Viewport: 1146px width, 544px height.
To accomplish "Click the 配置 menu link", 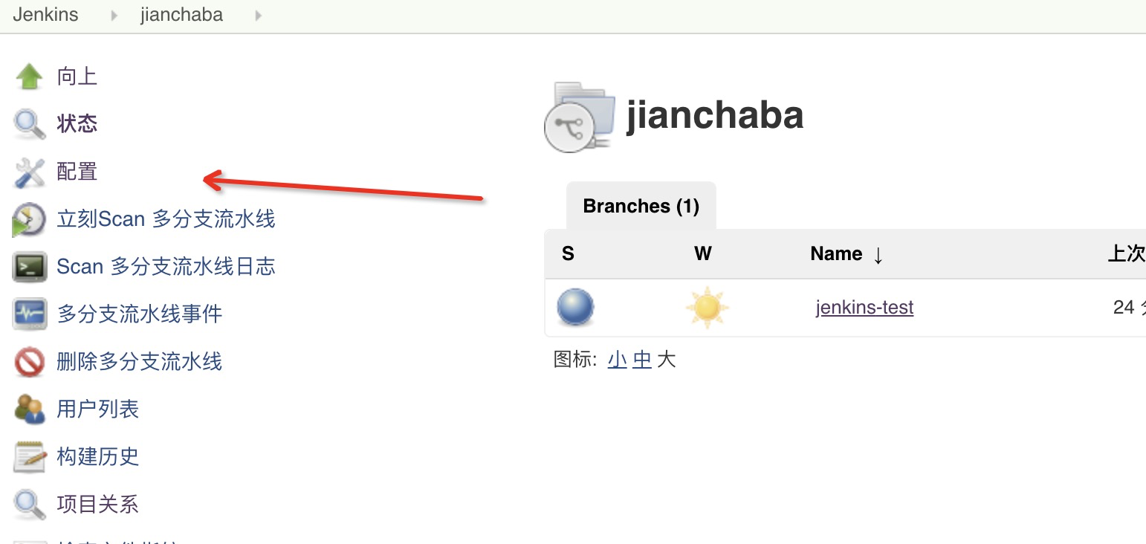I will click(x=77, y=172).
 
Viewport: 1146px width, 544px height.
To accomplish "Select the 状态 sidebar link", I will click(x=77, y=123).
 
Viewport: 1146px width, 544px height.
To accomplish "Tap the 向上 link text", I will click(x=77, y=77).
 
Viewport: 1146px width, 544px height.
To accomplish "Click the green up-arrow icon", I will click(x=29, y=77).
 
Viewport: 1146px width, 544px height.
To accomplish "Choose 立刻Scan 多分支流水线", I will click(x=166, y=219).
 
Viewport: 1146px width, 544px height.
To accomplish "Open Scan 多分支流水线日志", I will click(x=166, y=267).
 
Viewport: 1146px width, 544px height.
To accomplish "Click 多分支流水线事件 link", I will click(x=140, y=314).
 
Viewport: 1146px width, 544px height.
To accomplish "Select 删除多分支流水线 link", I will click(x=140, y=362).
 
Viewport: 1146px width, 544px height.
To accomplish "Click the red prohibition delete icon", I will click(x=29, y=363).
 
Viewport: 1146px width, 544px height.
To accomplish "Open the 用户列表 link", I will click(x=98, y=409).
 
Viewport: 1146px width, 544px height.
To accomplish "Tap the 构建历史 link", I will click(x=98, y=456).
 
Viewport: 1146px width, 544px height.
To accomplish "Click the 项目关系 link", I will click(x=98, y=505).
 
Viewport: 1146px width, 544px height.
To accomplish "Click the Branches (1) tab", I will click(x=641, y=206).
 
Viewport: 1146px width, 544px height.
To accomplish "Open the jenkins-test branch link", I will click(x=864, y=307).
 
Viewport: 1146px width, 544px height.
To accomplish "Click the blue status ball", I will click(x=575, y=308).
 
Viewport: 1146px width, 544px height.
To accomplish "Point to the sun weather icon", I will click(x=707, y=308).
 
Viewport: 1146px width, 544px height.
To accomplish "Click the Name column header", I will click(x=837, y=254).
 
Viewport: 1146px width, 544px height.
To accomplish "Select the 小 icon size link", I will click(x=617, y=360).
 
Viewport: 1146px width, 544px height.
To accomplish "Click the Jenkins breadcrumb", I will click(x=45, y=15).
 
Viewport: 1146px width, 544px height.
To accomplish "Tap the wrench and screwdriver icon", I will click(x=29, y=172).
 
